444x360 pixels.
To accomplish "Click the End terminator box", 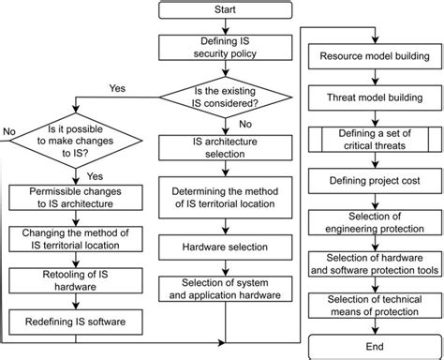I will pos(375,341).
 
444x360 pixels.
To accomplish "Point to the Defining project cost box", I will pos(375,179).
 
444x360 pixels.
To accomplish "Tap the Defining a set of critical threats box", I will pos(375,142).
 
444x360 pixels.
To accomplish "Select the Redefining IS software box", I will pos(63,321).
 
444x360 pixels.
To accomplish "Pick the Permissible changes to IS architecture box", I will pos(63,198).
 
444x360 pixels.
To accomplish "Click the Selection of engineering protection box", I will pos(375,219).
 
